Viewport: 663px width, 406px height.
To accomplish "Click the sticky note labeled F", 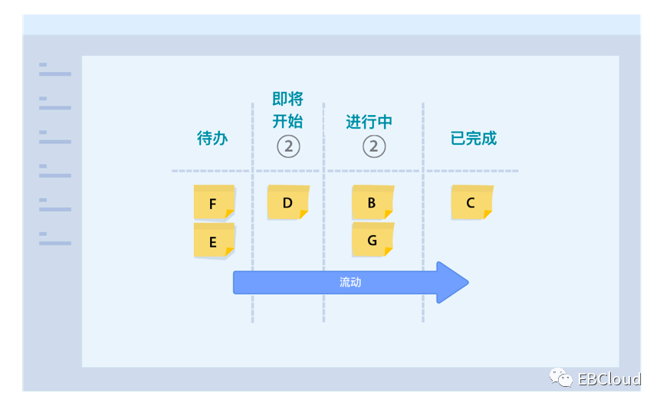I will click(213, 203).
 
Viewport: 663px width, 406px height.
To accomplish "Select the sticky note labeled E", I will click(213, 241).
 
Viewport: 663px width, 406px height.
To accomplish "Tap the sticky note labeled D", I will click(287, 203).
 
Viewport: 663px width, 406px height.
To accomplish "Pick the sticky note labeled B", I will click(372, 203).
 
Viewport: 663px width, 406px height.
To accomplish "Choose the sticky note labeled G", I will click(372, 240).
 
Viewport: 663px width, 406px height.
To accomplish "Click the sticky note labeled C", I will click(471, 203).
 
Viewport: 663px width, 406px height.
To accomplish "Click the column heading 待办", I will click(212, 139).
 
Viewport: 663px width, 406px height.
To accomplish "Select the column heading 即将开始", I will click(287, 110).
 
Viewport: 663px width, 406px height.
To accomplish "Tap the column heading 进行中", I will click(369, 122).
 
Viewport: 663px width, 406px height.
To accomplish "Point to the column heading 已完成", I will click(474, 139).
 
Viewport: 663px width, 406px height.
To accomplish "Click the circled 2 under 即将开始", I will click(288, 146).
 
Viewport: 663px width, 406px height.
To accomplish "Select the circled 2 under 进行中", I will click(374, 146).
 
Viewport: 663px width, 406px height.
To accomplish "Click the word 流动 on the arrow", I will click(350, 283).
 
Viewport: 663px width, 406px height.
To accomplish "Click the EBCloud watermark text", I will click(609, 378).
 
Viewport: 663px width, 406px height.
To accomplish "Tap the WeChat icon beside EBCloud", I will click(560, 377).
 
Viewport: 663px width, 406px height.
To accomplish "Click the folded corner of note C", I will click(487, 214).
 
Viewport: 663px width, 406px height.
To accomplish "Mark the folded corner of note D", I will click(304, 214).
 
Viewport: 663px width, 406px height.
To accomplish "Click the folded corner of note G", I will click(388, 251).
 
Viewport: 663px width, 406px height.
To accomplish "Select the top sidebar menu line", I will click(54, 74).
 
